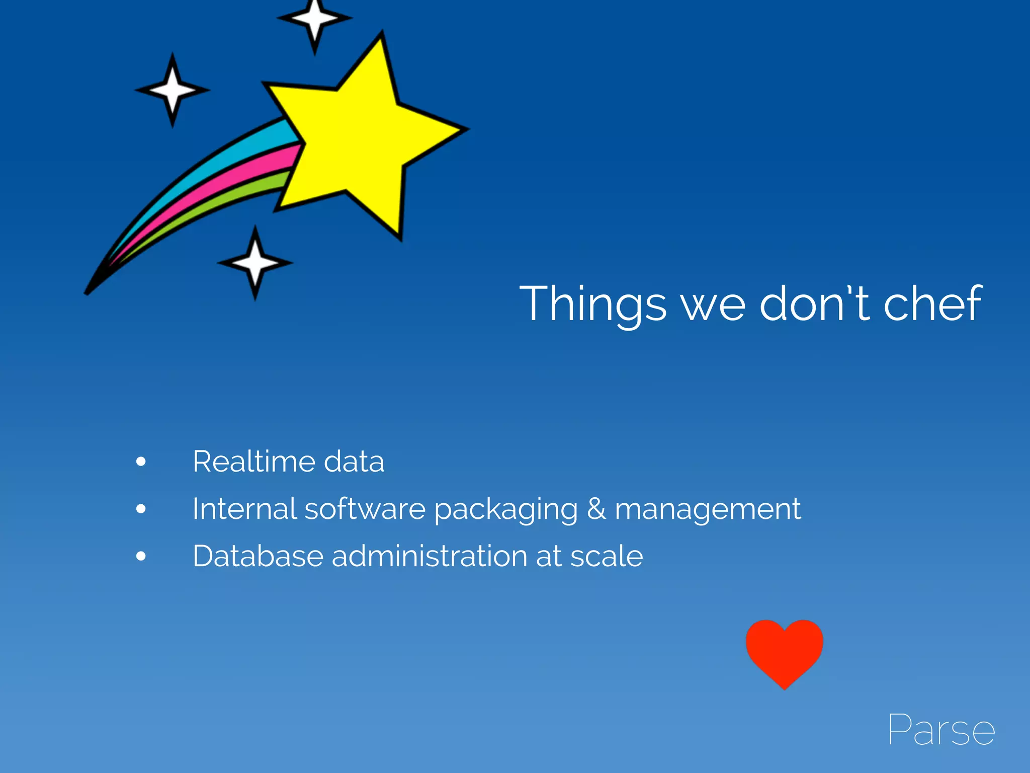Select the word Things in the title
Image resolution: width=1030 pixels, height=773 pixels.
[x=593, y=304]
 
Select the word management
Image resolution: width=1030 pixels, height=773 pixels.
[x=708, y=509]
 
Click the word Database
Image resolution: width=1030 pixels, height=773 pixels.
[x=257, y=556]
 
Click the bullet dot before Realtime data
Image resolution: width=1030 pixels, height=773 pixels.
[x=141, y=461]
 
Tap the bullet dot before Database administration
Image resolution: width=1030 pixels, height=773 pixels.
[x=141, y=556]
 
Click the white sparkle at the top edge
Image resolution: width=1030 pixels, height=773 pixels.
[x=315, y=19]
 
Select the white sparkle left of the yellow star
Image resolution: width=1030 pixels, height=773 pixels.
[x=172, y=90]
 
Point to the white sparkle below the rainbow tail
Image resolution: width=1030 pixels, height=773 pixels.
[x=255, y=262]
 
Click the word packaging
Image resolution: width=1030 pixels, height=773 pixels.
[x=505, y=509]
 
